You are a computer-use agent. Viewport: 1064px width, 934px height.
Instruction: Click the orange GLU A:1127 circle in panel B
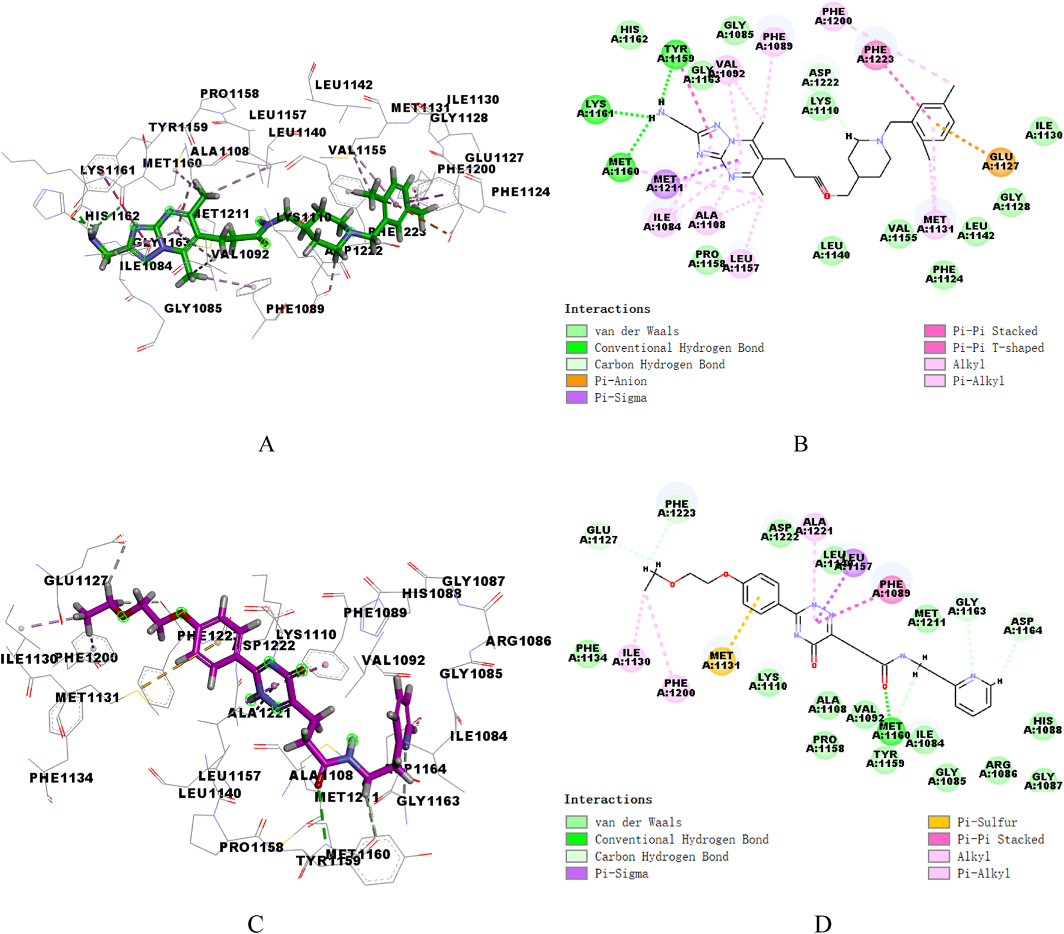click(x=1000, y=162)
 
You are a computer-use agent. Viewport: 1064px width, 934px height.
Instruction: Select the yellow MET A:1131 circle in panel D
click(x=721, y=660)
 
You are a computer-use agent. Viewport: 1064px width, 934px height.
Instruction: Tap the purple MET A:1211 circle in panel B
click(x=665, y=183)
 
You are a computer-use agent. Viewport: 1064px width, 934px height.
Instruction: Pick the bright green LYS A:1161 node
click(x=595, y=109)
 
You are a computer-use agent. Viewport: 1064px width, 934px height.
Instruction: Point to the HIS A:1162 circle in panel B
click(x=629, y=34)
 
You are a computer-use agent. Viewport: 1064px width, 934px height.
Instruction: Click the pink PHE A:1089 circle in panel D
click(x=891, y=588)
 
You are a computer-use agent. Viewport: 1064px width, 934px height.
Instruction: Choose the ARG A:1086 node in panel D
click(x=998, y=769)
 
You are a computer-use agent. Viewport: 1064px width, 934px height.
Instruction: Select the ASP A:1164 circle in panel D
click(x=1022, y=625)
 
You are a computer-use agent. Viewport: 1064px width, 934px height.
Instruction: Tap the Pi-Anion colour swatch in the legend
click(x=576, y=381)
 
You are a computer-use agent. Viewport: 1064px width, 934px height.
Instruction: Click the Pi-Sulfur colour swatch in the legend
click(x=939, y=822)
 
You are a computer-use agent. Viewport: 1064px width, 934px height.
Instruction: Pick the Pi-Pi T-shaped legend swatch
click(x=935, y=347)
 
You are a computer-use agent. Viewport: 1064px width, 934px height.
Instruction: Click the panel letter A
click(x=266, y=444)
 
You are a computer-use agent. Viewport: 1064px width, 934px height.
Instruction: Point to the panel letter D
click(x=823, y=923)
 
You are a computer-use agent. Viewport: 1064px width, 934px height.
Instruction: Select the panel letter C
click(x=255, y=923)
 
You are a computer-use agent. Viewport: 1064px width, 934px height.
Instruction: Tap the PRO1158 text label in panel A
click(x=229, y=94)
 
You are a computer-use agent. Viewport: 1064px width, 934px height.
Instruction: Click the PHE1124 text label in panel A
click(x=521, y=192)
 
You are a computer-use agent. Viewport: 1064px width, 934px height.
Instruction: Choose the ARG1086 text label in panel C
click(x=518, y=641)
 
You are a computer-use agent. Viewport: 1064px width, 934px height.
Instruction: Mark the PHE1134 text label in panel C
click(x=61, y=778)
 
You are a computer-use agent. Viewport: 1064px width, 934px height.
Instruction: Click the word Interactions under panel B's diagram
click(x=607, y=309)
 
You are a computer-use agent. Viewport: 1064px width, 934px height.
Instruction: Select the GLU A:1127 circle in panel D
click(x=599, y=535)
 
